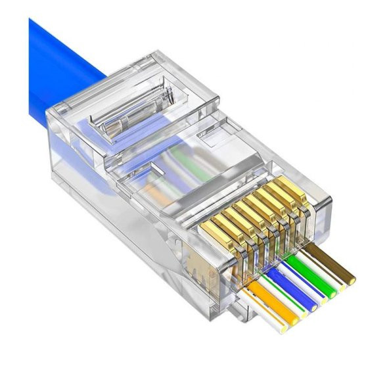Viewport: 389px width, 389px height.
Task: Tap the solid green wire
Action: [x=311, y=275]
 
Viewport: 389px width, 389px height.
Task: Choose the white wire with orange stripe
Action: [x=260, y=309]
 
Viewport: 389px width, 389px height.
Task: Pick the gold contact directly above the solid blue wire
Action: [x=253, y=217]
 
